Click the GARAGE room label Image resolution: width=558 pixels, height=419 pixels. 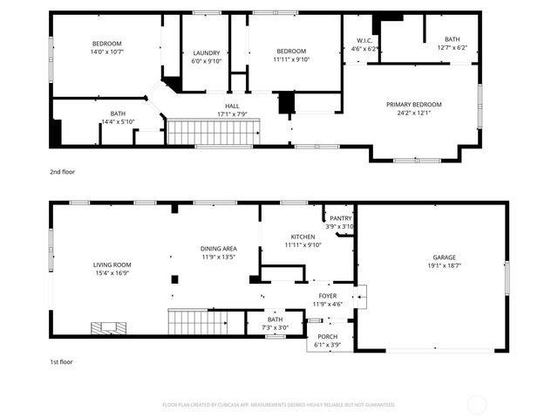click(x=444, y=258)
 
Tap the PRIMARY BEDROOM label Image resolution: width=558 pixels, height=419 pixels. click(x=414, y=104)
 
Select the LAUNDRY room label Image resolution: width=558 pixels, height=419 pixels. click(x=206, y=53)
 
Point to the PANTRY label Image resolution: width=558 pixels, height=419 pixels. click(x=340, y=219)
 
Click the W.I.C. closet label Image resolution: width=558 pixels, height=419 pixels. click(x=364, y=41)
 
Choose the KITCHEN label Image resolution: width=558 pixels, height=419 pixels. click(x=303, y=237)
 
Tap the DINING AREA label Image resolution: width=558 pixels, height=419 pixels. click(x=219, y=249)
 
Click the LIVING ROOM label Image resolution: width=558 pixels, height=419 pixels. click(x=112, y=264)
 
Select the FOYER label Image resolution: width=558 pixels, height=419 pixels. click(x=327, y=296)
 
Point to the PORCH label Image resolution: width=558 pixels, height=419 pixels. click(x=327, y=336)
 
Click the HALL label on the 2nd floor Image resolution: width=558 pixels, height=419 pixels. click(x=233, y=105)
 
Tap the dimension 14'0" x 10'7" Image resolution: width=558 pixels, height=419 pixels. click(x=107, y=52)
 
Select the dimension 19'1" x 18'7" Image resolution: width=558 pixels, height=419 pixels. click(x=444, y=266)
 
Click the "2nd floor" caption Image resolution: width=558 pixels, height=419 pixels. click(x=63, y=172)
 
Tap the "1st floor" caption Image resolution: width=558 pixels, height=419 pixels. click(x=62, y=361)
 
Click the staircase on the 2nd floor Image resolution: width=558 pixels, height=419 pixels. click(x=214, y=134)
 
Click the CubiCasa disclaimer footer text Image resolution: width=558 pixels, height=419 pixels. click(x=279, y=405)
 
